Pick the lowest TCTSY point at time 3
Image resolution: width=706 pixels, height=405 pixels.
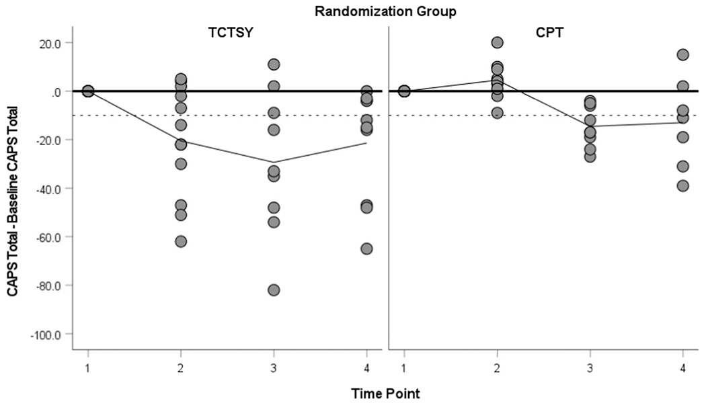coord(274,290)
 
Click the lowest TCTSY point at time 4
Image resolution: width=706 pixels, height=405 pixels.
coord(366,249)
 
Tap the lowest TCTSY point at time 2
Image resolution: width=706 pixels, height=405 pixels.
coord(181,241)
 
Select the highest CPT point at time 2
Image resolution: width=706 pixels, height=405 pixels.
coord(497,43)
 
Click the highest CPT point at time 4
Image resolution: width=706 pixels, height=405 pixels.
coord(682,55)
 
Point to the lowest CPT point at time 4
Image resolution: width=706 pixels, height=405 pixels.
coord(682,186)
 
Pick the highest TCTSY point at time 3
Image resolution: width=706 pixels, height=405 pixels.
coord(274,64)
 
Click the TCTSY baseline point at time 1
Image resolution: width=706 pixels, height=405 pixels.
coord(87,91)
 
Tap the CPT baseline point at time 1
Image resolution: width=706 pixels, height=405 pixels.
coord(404,91)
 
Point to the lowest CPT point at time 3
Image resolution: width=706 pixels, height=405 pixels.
coord(590,156)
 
